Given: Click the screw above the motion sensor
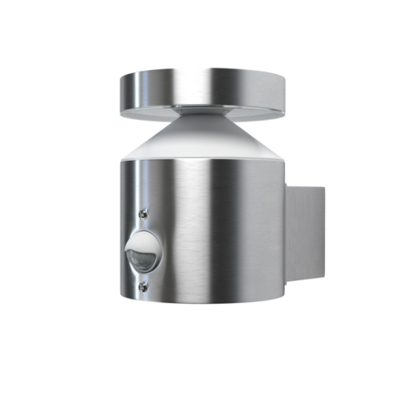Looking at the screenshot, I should [x=143, y=214].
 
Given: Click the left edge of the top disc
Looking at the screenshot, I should [x=121, y=88].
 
